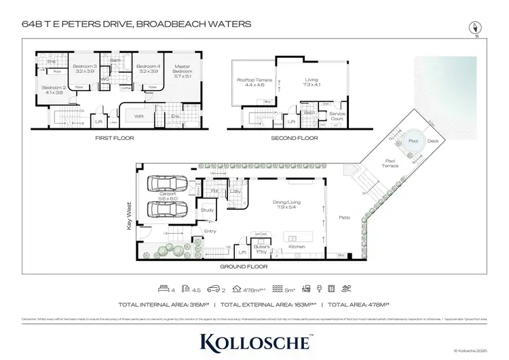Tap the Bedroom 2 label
[x=53, y=90]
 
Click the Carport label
[x=168, y=196]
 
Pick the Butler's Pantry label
[x=263, y=249]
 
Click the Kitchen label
[x=297, y=247]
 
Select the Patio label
[x=344, y=218]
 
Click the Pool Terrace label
[x=389, y=163]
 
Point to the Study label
[x=207, y=211]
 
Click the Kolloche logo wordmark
[x=254, y=340]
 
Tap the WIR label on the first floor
[x=138, y=116]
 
